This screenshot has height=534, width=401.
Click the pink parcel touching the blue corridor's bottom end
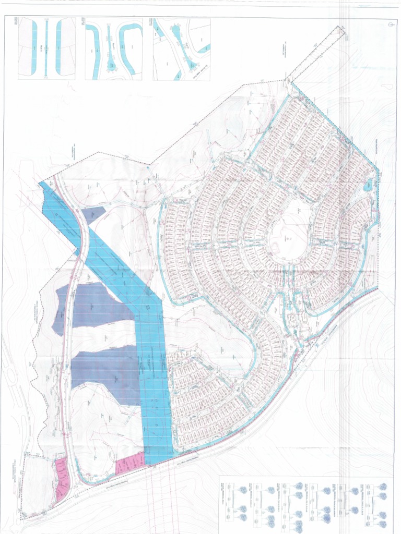pos(129,464)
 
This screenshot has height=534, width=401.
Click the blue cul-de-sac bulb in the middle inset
pos(111,66)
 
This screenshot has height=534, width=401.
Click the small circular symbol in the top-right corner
pos(391,25)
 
